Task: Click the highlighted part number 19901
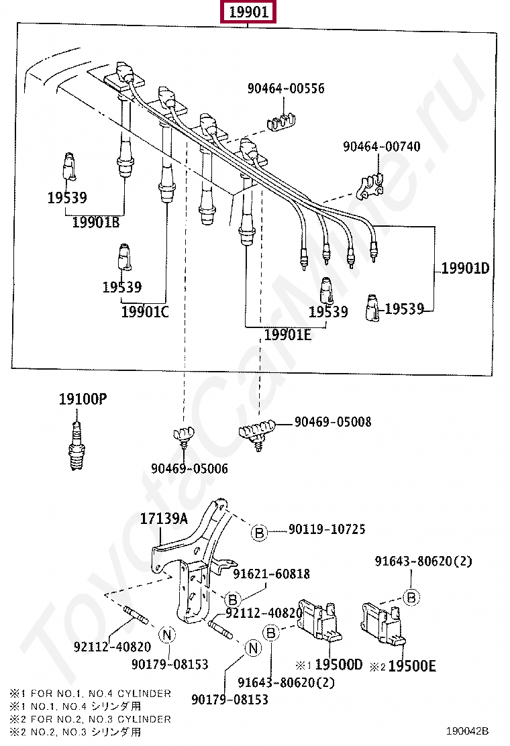[248, 12]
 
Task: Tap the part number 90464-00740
[382, 146]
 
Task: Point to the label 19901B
[95, 222]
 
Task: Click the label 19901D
[465, 269]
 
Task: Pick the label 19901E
[287, 335]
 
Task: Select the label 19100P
[83, 400]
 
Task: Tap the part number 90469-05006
[189, 469]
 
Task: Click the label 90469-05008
[333, 422]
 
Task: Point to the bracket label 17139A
[164, 519]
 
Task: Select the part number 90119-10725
[327, 529]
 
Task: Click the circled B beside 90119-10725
[259, 533]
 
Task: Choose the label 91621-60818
[272, 574]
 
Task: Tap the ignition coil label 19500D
[338, 665]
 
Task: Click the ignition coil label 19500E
[412, 665]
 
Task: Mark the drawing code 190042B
[468, 731]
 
